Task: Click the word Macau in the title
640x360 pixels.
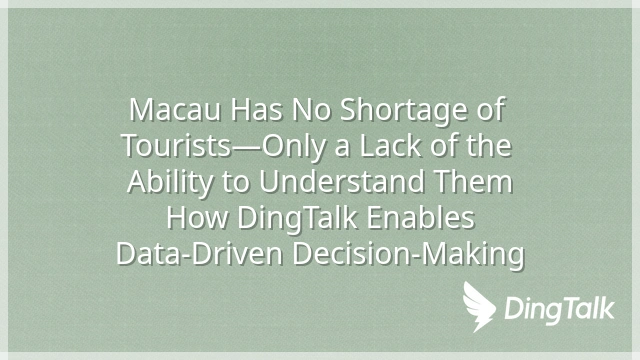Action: coord(175,110)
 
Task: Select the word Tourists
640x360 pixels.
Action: coord(177,146)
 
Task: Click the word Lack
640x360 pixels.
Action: coord(390,146)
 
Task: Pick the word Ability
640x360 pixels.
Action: coord(170,182)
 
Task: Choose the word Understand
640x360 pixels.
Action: coord(341,182)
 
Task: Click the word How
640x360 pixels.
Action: coord(197,218)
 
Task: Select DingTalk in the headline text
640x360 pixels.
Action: coord(298,219)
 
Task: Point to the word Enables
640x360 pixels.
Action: coord(421,218)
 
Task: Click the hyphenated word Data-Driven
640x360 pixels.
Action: coord(200,254)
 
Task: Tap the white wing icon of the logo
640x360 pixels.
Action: coord(479,306)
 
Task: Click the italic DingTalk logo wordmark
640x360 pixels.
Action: coord(559,308)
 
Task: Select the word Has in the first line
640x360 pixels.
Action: coord(256,110)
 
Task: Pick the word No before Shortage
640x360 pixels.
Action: coord(311,110)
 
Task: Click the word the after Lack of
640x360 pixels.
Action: coord(489,146)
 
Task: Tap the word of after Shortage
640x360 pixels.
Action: coord(491,109)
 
